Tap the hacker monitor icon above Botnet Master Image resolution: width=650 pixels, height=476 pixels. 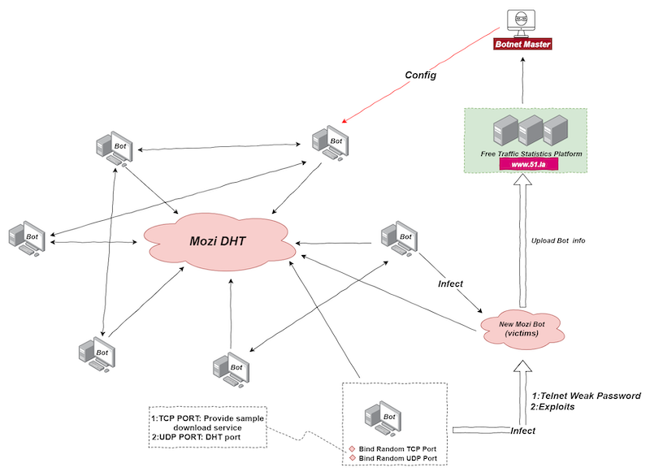[x=523, y=20]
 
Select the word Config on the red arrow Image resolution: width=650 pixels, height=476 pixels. [x=421, y=76]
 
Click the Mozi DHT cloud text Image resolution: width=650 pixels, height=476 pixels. [x=219, y=241]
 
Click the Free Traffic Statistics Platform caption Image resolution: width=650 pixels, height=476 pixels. [x=522, y=153]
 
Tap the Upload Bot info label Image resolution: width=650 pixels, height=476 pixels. [x=558, y=240]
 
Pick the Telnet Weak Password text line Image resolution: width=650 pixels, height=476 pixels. [x=586, y=396]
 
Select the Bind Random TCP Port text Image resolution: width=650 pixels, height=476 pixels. [x=398, y=448]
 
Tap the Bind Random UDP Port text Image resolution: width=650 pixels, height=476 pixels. [x=398, y=459]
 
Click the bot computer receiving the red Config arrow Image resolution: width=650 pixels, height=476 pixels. [x=330, y=143]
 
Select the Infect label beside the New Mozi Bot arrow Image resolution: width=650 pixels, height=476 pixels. [x=450, y=284]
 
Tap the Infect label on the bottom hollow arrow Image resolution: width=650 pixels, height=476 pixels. [x=522, y=431]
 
